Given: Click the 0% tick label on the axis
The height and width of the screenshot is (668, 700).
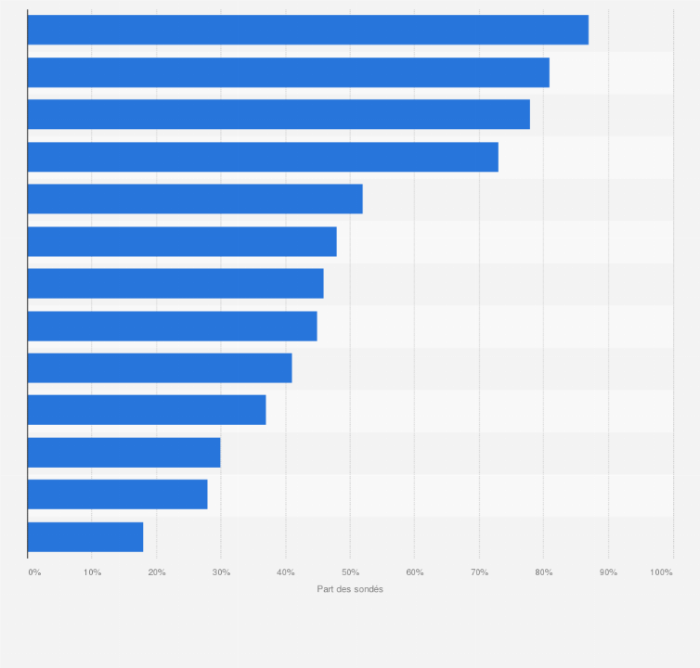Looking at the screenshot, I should (34, 572).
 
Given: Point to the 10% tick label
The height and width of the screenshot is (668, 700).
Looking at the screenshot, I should (93, 572).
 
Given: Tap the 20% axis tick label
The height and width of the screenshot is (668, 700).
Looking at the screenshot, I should (157, 572).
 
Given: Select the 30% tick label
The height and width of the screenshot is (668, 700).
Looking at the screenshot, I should (222, 572).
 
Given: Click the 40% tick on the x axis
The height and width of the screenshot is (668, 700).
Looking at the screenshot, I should (286, 572).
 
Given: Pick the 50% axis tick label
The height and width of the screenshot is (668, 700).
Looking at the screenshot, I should (351, 572).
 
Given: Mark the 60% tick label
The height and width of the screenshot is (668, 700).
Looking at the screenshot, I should (415, 572).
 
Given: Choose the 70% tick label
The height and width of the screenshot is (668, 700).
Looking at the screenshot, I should (480, 572).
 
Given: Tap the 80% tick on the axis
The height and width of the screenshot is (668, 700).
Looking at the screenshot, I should (544, 572).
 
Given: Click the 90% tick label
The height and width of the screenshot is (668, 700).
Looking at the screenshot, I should (609, 572).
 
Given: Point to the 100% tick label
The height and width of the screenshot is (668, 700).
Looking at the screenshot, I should (661, 572).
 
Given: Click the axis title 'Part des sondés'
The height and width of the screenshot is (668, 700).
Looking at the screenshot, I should (350, 589).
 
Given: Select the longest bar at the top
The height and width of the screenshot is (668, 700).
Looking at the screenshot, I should (307, 30).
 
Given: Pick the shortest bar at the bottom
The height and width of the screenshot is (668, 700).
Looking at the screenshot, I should (85, 537).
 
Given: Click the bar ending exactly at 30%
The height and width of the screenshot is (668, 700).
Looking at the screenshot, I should (123, 453).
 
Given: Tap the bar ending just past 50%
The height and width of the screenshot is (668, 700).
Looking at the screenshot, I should (195, 199).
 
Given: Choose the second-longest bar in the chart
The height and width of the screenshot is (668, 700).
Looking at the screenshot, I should (288, 72).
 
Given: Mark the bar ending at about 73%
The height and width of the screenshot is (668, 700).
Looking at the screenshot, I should (263, 157).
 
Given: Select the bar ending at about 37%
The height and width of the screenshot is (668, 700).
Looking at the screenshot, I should (147, 410).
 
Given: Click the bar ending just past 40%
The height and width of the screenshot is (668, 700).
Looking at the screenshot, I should (160, 368).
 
